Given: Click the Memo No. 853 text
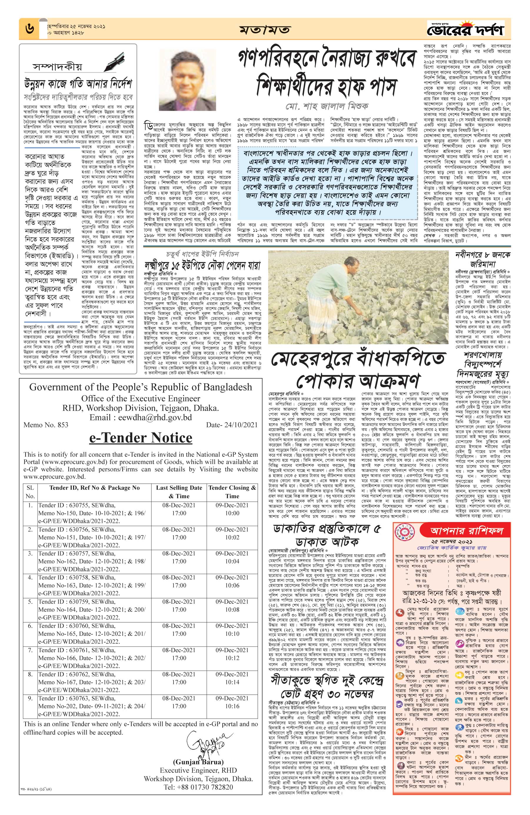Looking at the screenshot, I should point(46,425).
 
